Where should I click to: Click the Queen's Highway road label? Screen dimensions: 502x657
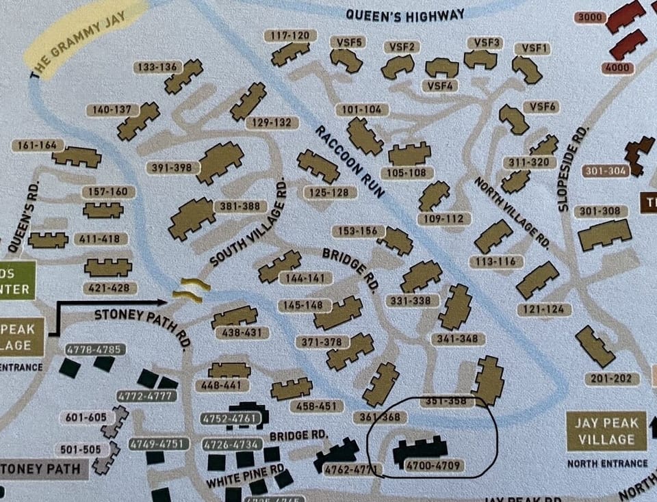(x=405, y=14)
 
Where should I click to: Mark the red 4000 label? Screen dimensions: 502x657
(x=617, y=68)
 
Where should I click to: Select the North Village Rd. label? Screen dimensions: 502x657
(x=512, y=213)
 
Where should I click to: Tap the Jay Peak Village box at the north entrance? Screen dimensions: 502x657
(x=606, y=431)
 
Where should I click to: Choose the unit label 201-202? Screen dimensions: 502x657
(x=611, y=379)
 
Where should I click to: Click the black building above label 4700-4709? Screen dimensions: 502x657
(x=420, y=449)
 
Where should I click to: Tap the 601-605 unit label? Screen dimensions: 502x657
(x=86, y=417)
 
